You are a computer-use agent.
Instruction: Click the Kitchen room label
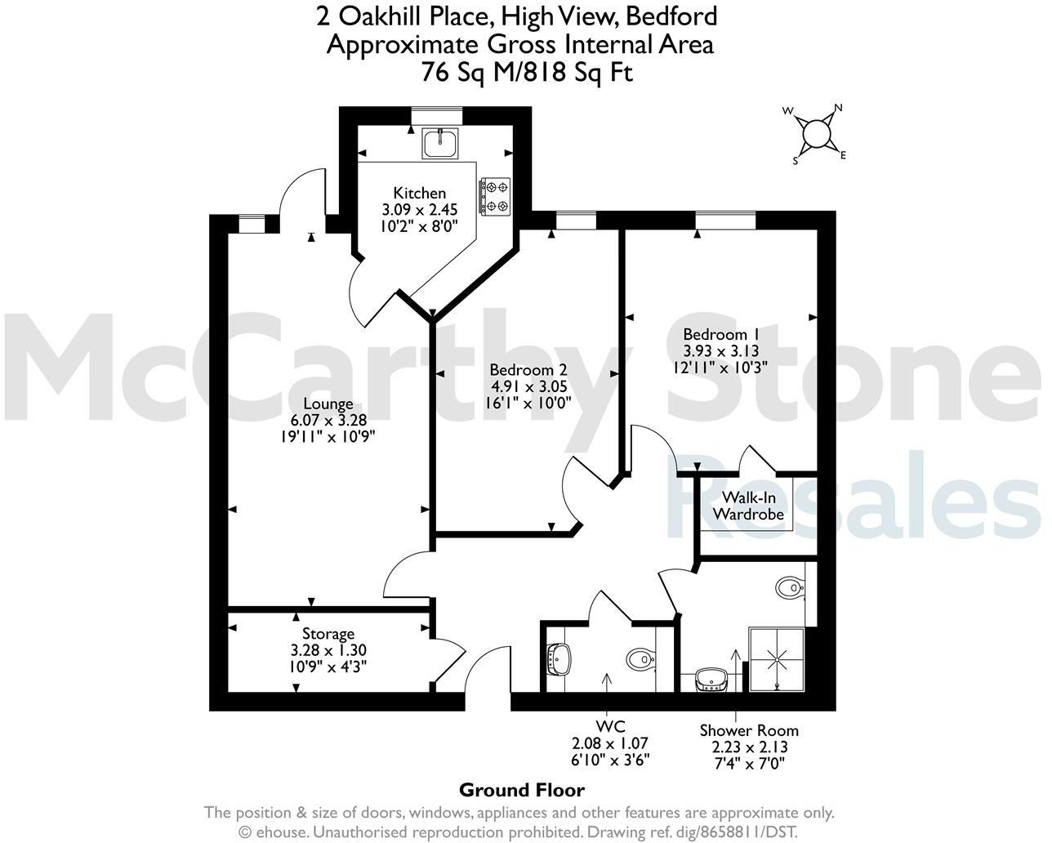coord(420,193)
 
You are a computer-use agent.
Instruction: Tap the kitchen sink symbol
coord(441,143)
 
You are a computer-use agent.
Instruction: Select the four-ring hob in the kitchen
coord(495,197)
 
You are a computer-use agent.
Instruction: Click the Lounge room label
coord(328,404)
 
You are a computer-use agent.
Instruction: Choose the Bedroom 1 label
coord(721,334)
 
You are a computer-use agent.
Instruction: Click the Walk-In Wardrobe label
coord(749,506)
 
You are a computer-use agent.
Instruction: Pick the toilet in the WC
coord(640,658)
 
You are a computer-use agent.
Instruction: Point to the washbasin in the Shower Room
coord(710,679)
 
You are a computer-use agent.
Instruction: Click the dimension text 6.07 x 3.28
coord(328,420)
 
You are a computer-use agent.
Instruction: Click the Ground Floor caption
coord(522,790)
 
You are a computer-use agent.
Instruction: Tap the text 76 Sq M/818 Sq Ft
coord(527,73)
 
